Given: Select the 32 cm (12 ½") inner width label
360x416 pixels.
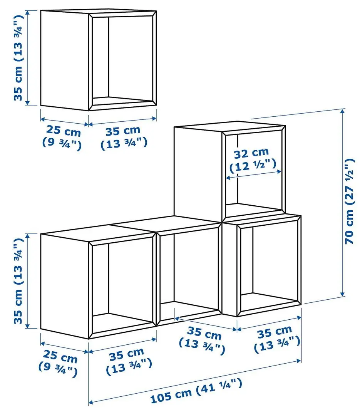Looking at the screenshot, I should pyautogui.click(x=253, y=160).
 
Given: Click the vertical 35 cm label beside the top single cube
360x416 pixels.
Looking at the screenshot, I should pyautogui.click(x=19, y=58).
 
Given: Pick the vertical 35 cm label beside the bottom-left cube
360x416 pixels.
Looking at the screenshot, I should pyautogui.click(x=19, y=281).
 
